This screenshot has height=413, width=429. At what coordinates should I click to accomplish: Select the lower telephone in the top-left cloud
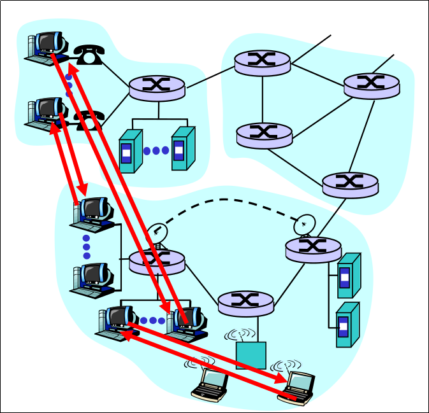coord(89,120)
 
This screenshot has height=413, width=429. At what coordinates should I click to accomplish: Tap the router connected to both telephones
coord(157,87)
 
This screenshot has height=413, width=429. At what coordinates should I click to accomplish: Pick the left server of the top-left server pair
coord(130,151)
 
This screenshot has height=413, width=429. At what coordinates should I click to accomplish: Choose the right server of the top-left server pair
coord(182,148)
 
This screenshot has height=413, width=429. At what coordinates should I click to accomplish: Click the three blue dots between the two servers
coord(156,151)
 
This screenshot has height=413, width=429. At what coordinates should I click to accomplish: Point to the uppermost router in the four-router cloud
coord(262,62)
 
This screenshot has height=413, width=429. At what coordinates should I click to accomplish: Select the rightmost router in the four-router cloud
coord(371,85)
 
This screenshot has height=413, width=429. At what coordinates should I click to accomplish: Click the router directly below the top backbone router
coord(263,134)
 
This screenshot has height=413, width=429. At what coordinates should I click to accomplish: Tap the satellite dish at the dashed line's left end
coord(156,234)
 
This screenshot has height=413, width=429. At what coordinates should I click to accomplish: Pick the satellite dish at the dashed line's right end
coord(305,224)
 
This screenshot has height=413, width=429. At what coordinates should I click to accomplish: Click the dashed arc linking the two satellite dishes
coord(229,200)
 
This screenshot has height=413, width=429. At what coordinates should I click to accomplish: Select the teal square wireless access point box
coord(251,355)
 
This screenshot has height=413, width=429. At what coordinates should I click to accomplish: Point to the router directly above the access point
coord(245,302)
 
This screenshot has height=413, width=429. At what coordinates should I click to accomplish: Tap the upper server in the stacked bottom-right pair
coord(348,276)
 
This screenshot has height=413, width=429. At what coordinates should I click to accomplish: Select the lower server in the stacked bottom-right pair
coord(347,325)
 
